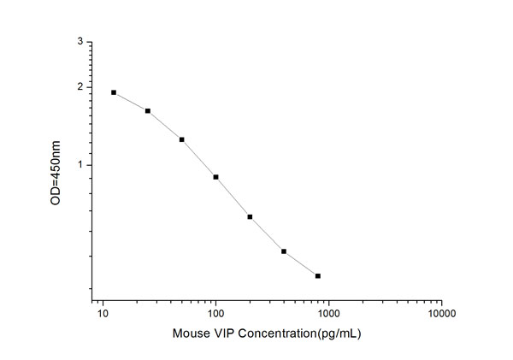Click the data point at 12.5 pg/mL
tap(114, 92)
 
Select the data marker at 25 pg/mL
tap(148, 110)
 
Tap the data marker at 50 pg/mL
tap(182, 139)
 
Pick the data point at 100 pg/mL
tap(216, 177)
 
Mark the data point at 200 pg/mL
tap(250, 216)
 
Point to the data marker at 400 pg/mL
tap(284, 251)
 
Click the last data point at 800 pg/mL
tap(318, 275)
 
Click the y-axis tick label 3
tap(80, 41)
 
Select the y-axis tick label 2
tap(80, 87)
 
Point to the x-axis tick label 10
tap(103, 314)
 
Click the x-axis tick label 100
tap(216, 314)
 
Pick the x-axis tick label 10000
tap(441, 314)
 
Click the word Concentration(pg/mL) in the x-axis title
tap(296, 333)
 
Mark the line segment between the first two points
tap(131, 101)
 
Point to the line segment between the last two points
tap(301, 263)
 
